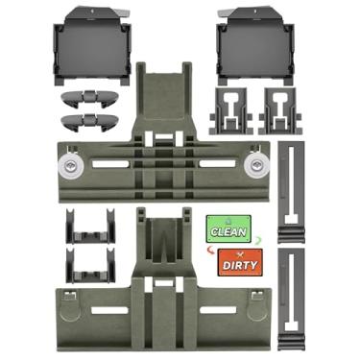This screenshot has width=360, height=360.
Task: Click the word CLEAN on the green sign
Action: (228, 232)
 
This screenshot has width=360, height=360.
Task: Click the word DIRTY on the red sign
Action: (240, 265)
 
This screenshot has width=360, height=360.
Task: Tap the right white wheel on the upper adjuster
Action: (256, 166)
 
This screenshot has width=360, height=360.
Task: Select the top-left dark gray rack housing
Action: (92, 46)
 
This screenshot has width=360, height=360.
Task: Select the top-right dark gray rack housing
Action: (255, 46)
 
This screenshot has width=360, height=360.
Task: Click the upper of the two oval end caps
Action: (89, 97)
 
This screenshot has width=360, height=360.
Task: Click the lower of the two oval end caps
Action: (89, 122)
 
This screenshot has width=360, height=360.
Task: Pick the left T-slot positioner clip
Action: (230, 111)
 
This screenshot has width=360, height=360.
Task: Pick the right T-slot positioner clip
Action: (281, 111)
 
